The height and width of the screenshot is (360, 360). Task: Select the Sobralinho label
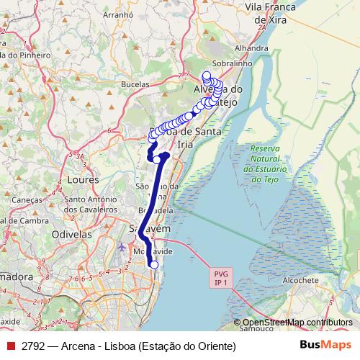click(x=248, y=63)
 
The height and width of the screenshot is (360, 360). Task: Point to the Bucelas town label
click(x=134, y=84)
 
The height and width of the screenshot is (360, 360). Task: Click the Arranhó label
click(x=119, y=14)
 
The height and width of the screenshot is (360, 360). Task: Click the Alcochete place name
click(x=300, y=280)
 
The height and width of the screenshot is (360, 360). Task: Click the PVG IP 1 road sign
click(x=220, y=278)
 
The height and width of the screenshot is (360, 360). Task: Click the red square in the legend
click(x=10, y=346)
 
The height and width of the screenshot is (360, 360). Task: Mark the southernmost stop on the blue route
click(x=153, y=265)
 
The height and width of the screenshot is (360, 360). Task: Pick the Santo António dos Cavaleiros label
click(x=91, y=204)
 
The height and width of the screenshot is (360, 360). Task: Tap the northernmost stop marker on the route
click(x=206, y=75)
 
